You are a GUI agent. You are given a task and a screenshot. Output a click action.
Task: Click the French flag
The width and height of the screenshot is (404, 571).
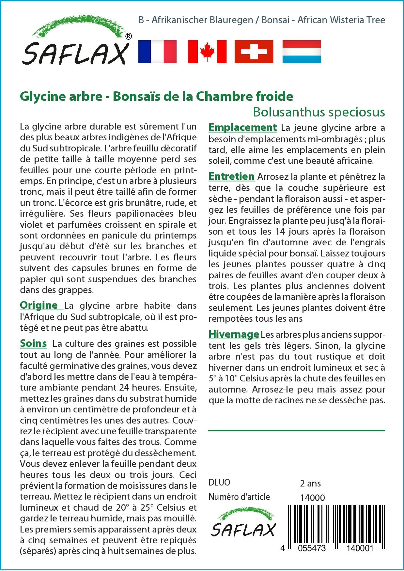pos(157,52)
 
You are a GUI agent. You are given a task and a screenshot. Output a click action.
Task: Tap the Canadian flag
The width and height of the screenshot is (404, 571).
pos(207,52)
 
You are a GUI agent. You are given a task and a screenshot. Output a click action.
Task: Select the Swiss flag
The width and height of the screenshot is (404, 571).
pos(254,52)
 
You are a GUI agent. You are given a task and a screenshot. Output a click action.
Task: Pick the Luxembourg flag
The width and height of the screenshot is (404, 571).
pos(302,52)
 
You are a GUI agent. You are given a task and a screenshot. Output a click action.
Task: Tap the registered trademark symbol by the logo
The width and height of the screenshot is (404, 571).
pos(129,36)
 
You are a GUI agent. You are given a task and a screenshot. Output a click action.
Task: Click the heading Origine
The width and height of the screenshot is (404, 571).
pos(39,305)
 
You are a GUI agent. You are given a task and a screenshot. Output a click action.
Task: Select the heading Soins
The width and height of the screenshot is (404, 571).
pos(33,344)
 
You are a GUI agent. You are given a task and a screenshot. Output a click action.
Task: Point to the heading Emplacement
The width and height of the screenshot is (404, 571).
pos(242,127)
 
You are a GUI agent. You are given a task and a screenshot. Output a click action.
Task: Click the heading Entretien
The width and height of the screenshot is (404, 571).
pos(231,177)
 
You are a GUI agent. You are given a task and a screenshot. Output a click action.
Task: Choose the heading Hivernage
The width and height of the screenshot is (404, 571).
pos(234,334)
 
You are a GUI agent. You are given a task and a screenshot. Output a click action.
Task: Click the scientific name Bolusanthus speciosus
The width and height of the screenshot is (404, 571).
pos(319,112)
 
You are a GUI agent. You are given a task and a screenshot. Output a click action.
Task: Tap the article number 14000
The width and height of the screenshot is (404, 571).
pos(312,497)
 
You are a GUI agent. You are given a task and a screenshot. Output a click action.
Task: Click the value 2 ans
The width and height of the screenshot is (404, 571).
pos(310,483)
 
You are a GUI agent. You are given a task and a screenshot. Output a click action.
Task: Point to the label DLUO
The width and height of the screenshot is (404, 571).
pos(219,483)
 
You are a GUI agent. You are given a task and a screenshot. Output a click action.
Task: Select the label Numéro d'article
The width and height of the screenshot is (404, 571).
pos(239,497)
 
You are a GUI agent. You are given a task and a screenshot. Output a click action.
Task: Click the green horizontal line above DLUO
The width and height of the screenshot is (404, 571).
pos(296,431)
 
